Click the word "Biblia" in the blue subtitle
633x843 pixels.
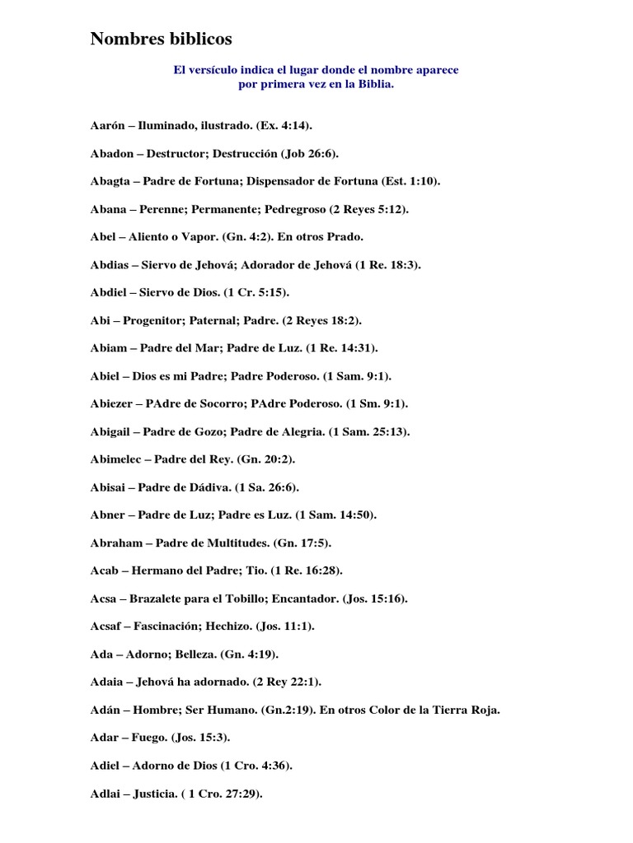click(x=376, y=84)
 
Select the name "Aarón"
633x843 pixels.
click(x=107, y=125)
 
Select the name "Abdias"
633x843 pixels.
click(x=110, y=264)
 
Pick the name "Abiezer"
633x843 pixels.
click(x=114, y=403)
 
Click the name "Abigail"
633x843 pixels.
click(x=114, y=431)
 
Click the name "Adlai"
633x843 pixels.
click(x=107, y=794)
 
